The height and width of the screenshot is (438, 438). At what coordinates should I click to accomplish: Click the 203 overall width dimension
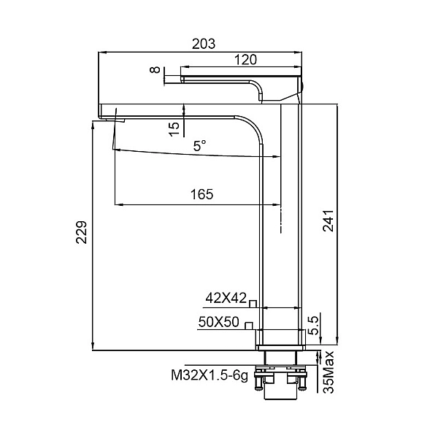click(x=204, y=44)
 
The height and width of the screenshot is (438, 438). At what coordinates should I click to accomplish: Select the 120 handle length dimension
click(x=245, y=60)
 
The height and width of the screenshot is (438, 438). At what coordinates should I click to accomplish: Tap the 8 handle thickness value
click(x=155, y=69)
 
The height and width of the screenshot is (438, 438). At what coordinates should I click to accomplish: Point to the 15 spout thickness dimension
click(x=174, y=129)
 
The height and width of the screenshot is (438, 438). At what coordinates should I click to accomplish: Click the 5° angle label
click(x=200, y=146)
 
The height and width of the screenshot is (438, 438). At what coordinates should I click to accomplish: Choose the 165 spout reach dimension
click(x=201, y=194)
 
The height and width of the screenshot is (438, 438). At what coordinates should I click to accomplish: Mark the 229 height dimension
click(x=82, y=233)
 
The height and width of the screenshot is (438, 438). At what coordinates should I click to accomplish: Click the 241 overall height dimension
click(x=328, y=220)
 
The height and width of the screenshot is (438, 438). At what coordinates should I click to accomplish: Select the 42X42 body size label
click(x=226, y=298)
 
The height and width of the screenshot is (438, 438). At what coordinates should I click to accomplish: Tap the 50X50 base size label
click(x=219, y=322)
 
